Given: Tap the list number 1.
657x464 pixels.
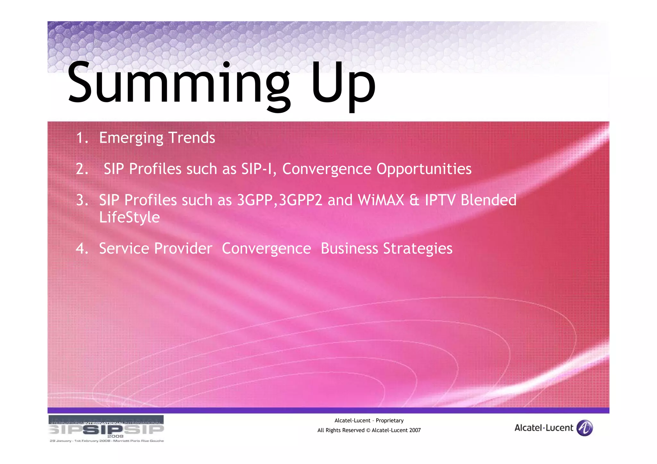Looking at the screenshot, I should click(82, 138).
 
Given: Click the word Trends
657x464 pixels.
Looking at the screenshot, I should click(192, 138).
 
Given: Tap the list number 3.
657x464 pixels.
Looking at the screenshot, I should click(82, 200).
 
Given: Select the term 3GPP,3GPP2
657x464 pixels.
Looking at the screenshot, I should click(279, 200).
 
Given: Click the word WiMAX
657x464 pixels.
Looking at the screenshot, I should click(381, 200).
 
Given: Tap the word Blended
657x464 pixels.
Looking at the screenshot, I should click(488, 200).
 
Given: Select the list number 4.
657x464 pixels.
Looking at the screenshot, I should click(82, 249).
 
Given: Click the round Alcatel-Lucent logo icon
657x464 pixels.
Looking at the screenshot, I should click(584, 428).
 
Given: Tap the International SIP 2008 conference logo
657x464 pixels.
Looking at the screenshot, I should click(106, 429).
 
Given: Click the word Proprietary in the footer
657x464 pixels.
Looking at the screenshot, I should click(389, 421).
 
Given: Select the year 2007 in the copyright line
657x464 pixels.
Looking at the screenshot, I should click(415, 430).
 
